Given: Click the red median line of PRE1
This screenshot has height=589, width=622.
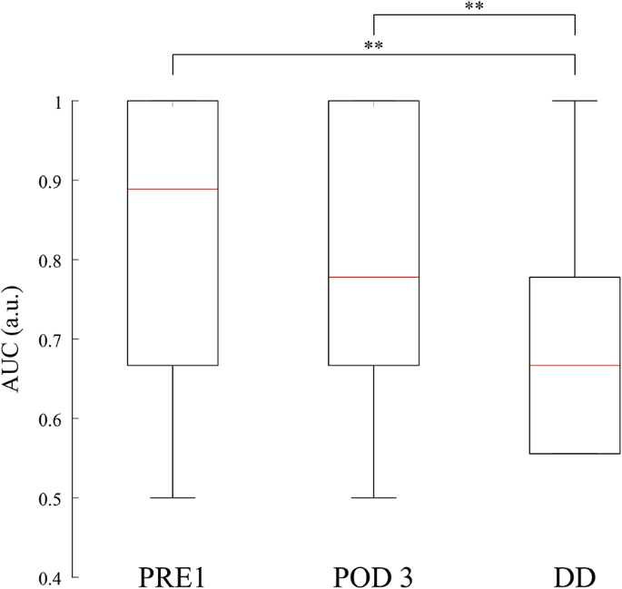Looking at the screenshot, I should (x=173, y=189).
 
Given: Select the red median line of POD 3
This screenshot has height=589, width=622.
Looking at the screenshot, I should (x=373, y=277).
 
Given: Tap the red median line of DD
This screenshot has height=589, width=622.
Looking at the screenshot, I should (x=575, y=365).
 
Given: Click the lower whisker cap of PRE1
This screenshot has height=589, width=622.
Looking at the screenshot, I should (x=173, y=497).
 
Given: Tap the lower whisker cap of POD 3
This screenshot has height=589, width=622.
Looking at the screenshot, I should (x=373, y=497).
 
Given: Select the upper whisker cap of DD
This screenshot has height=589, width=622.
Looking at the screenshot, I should (x=575, y=101).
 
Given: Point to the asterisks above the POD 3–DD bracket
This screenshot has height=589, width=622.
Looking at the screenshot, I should (x=474, y=6).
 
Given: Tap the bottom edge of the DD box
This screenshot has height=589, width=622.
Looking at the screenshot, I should (x=575, y=453).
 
